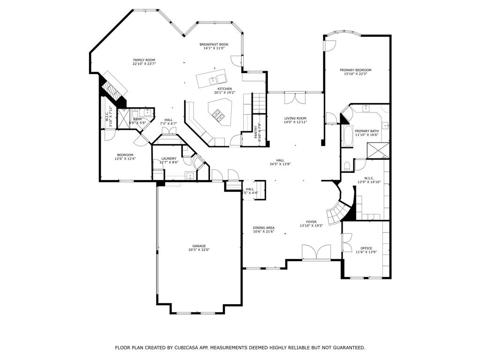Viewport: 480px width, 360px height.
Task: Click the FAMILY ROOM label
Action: coord(144,60)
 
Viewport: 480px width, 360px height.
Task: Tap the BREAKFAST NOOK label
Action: coord(214,45)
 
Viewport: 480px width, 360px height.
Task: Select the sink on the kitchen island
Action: coord(212,80)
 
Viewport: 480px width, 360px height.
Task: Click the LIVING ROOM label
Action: coord(295,118)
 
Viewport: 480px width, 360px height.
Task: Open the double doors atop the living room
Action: coord(295,98)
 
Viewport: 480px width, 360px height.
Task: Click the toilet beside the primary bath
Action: coord(346,166)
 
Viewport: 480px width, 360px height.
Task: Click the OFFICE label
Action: coord(366,248)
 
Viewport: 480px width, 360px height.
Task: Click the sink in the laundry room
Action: coord(190,176)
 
